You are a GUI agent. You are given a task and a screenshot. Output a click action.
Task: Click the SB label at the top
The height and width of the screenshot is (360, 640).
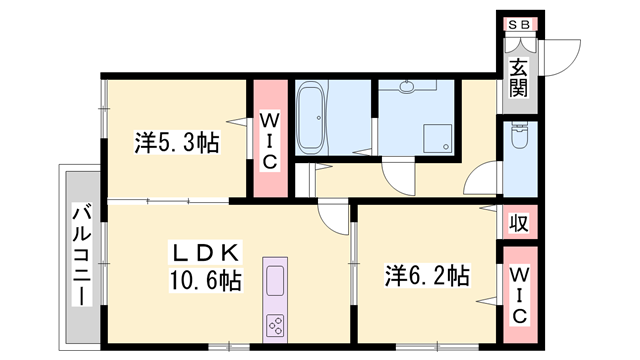(x=518, y=25)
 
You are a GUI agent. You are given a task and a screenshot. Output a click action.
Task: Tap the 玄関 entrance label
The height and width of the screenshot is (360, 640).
(x=518, y=79)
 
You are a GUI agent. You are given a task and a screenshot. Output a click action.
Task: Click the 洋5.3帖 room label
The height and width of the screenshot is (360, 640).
(x=177, y=143)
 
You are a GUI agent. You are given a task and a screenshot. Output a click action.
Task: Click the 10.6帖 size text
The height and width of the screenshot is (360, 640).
(x=204, y=280)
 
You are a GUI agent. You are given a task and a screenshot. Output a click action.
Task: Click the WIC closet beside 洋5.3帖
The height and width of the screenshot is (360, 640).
(x=268, y=141)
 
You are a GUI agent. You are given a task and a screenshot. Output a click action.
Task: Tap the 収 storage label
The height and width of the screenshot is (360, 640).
(x=518, y=222)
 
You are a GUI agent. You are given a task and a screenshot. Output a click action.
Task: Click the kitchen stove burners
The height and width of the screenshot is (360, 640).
(x=274, y=324)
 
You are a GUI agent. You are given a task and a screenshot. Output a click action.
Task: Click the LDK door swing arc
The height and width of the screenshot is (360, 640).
(x=332, y=217)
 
